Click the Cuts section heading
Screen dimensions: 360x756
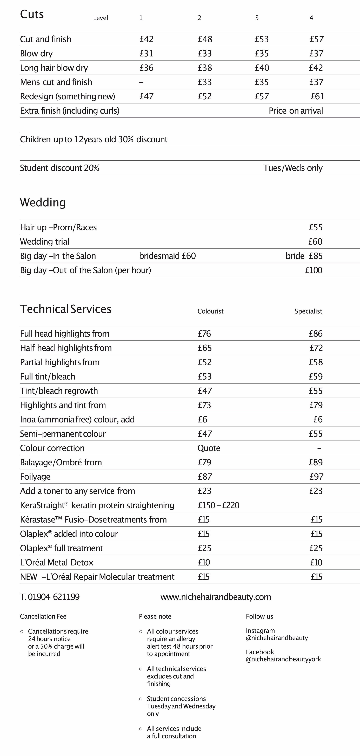(32, 14)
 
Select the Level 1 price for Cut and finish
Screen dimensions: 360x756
(146, 39)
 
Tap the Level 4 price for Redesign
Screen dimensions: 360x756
(317, 96)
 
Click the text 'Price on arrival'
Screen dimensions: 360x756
(296, 111)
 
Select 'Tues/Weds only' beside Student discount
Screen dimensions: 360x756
(293, 168)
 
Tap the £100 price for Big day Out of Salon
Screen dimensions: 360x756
(314, 270)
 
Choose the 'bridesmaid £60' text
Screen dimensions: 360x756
(167, 256)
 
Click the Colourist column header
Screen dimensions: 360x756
(210, 311)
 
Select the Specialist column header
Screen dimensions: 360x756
(308, 311)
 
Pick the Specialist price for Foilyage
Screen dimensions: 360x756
(316, 477)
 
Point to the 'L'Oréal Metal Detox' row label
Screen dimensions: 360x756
(57, 562)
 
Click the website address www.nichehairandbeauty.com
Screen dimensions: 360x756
(216, 597)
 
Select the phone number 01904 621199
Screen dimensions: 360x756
(54, 597)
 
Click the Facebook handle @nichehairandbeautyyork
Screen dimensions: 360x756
(283, 659)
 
